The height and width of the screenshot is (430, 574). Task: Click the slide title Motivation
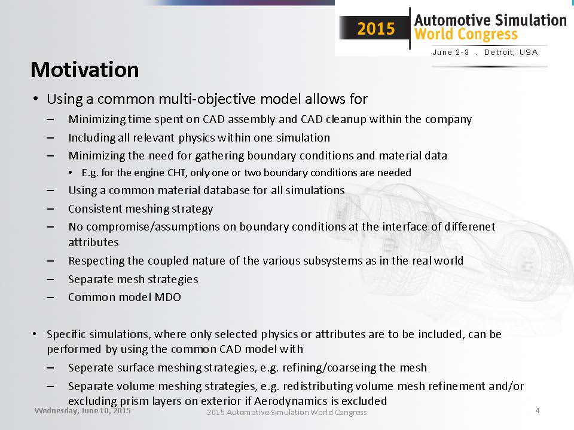pyautogui.click(x=84, y=70)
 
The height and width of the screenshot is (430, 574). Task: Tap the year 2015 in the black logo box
pyautogui.click(x=376, y=29)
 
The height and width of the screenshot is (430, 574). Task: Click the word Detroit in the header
pyautogui.click(x=499, y=53)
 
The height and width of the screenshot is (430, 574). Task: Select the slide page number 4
pyautogui.click(x=537, y=411)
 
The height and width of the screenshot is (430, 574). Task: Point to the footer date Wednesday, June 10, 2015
pyautogui.click(x=83, y=411)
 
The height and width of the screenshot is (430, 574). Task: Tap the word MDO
pyautogui.click(x=167, y=297)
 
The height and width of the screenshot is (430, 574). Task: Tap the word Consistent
pyautogui.click(x=95, y=208)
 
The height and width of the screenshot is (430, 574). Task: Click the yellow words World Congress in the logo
pyautogui.click(x=466, y=34)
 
